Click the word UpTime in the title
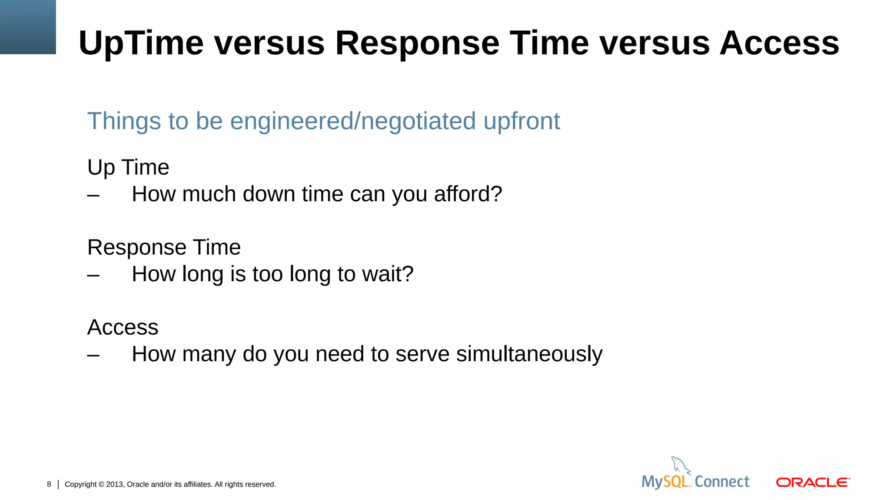[x=141, y=43]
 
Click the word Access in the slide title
[x=779, y=43]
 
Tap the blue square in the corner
[x=28, y=27]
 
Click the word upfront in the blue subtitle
[x=521, y=121]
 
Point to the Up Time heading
[x=128, y=167]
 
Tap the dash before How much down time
[x=93, y=195]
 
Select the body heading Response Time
[x=164, y=247]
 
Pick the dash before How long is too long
[x=93, y=275]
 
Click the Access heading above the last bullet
[x=123, y=327]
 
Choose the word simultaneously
[x=529, y=354]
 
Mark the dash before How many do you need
[x=93, y=355]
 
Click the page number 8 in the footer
[x=49, y=484]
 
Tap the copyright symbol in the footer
[x=101, y=484]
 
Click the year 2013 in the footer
[x=115, y=484]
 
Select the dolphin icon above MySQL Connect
[x=681, y=465]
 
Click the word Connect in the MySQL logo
[x=722, y=482]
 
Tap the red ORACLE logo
[x=813, y=483]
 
